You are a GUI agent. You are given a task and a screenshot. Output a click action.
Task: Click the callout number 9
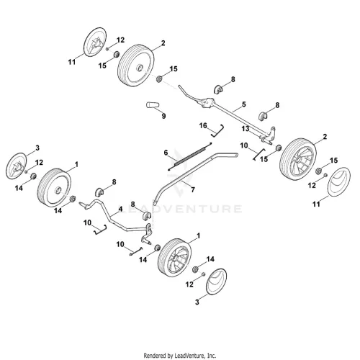pyautogui.click(x=163, y=116)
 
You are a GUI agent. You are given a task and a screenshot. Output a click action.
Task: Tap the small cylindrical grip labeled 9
pyautogui.click(x=153, y=105)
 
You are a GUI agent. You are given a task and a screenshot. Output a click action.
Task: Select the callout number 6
pyautogui.click(x=166, y=153)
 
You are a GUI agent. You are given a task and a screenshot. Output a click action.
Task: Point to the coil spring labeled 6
pyautogui.click(x=189, y=157)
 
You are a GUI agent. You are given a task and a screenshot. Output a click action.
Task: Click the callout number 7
pyautogui.click(x=193, y=190)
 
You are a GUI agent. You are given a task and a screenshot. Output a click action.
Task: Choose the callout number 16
pyautogui.click(x=203, y=125)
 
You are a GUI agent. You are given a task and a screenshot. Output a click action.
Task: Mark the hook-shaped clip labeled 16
pyautogui.click(x=218, y=131)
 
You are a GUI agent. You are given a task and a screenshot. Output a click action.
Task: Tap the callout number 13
pyautogui.click(x=246, y=129)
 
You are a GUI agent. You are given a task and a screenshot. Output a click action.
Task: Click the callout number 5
pyautogui.click(x=244, y=104)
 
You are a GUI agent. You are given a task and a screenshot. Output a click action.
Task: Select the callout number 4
pyautogui.click(x=120, y=210)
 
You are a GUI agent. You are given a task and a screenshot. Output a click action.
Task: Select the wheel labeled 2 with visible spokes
pyautogui.click(x=298, y=159)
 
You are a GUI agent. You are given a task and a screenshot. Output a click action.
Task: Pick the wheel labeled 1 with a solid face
pyautogui.click(x=54, y=188)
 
